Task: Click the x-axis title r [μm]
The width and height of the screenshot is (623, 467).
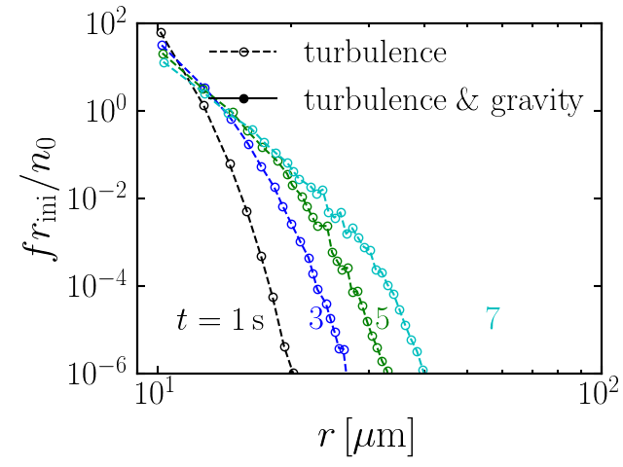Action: pos(365,435)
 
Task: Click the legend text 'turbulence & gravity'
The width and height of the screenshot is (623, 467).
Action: pos(443,99)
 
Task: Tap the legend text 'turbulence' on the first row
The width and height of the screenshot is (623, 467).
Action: pos(375,52)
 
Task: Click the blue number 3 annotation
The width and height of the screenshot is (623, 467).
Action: pos(316,319)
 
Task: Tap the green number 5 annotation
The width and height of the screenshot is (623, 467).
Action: pos(382,319)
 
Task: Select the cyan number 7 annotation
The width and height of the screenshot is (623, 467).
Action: pos(494,319)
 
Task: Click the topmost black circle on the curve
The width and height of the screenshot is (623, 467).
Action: pos(161,32)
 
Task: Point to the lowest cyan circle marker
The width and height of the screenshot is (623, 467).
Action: pos(424,369)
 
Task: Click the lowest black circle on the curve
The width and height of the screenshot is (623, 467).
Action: pos(293,372)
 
